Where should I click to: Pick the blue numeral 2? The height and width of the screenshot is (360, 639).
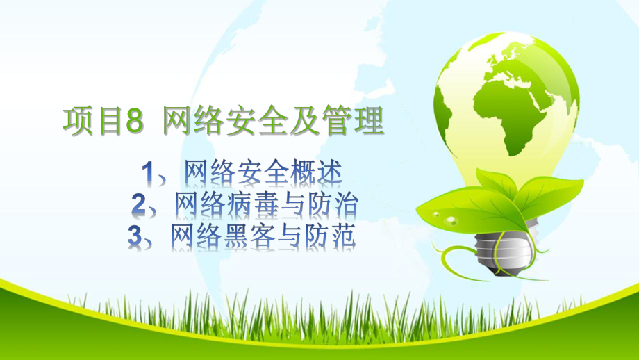(139, 204)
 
